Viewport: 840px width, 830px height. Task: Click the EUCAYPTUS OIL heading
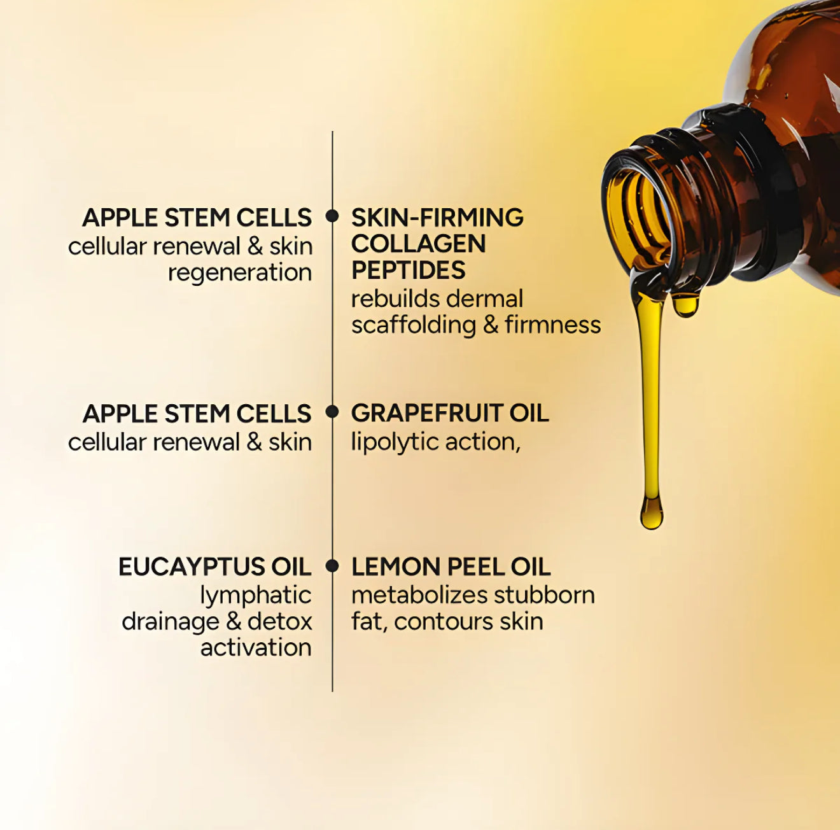(x=214, y=566)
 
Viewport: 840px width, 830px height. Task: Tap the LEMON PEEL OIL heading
(x=451, y=566)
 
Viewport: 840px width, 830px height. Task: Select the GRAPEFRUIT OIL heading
(x=449, y=413)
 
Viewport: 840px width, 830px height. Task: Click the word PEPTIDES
(x=408, y=270)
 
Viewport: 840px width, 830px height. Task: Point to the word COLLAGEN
(x=418, y=244)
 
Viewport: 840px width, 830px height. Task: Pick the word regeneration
(x=240, y=272)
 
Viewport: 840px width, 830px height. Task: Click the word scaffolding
(x=413, y=325)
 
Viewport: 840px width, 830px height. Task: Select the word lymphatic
(x=255, y=595)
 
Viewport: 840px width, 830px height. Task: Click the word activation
(x=256, y=647)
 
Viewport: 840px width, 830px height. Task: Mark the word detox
(x=280, y=621)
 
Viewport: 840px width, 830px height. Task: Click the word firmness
(x=552, y=325)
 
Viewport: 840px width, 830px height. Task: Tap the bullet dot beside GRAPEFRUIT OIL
(x=332, y=412)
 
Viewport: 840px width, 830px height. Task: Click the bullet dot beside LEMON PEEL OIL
(x=332, y=565)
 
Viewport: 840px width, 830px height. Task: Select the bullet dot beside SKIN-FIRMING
(x=332, y=216)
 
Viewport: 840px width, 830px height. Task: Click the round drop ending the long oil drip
(x=651, y=513)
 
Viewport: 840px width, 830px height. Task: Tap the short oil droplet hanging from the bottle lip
(x=685, y=305)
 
